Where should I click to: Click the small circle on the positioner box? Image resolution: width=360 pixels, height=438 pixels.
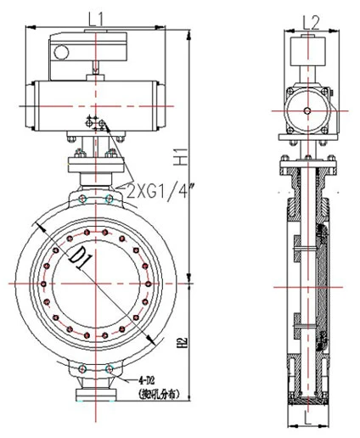pyautogui.click(x=60, y=53)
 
